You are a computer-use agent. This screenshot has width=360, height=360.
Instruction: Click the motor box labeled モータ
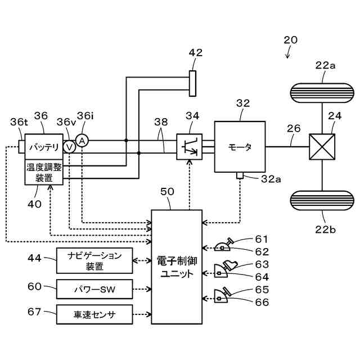click(240, 147)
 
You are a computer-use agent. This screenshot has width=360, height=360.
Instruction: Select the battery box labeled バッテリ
click(44, 147)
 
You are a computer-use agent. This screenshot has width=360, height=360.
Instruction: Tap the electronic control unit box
click(177, 267)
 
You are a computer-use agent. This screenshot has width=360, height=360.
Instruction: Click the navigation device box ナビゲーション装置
click(94, 261)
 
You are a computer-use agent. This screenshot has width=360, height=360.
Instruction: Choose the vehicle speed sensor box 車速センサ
click(94, 314)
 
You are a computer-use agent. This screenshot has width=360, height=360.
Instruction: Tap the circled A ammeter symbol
click(82, 140)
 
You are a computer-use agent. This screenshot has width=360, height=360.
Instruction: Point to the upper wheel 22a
click(322, 93)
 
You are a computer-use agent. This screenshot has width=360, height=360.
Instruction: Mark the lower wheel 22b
click(322, 201)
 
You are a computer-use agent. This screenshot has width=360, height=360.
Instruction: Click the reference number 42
click(196, 53)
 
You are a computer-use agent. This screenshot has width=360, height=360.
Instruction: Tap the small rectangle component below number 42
click(192, 83)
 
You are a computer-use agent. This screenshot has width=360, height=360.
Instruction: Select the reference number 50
click(168, 192)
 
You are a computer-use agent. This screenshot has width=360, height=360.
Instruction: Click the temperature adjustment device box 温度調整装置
click(44, 172)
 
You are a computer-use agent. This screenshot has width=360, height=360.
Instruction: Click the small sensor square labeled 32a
click(240, 176)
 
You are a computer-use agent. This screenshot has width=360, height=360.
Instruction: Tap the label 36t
click(19, 121)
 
